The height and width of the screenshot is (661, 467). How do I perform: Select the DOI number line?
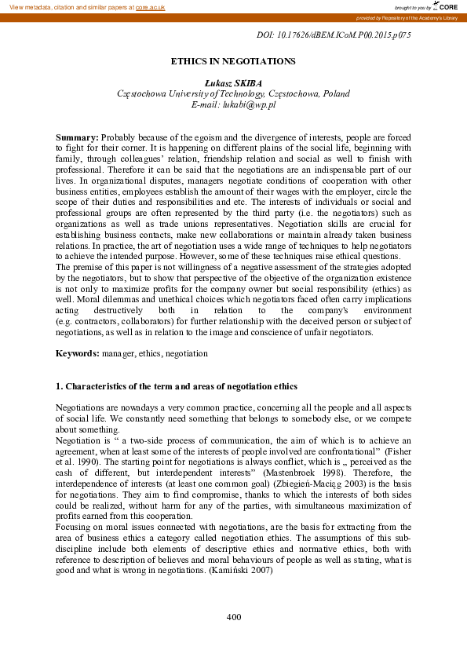point(334,35)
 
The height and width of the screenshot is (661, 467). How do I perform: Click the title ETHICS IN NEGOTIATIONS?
point(233,60)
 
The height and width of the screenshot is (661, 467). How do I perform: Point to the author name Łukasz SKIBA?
point(233,82)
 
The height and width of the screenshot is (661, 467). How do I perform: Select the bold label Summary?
point(77,137)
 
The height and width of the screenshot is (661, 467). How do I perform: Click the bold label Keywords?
point(78,354)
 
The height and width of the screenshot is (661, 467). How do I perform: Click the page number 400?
point(233,617)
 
